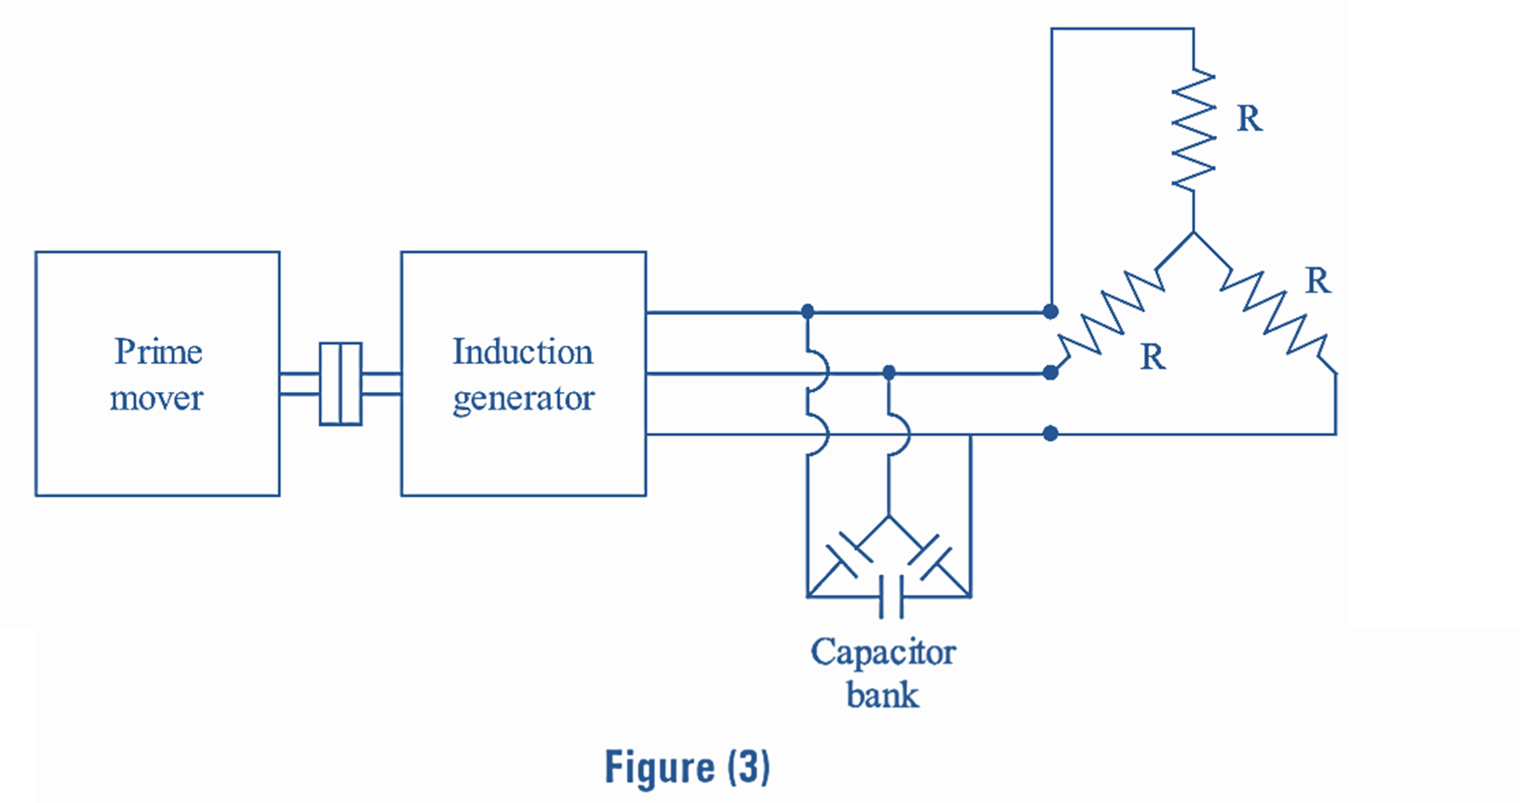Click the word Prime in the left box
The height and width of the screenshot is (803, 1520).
[x=158, y=352]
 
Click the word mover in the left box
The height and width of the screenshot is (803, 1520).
[x=156, y=398]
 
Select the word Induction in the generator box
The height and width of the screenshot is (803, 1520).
[x=522, y=352]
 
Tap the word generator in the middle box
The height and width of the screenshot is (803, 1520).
[x=523, y=398]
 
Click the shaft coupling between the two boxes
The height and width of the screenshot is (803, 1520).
[x=340, y=384]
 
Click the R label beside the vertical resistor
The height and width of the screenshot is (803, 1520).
[x=1249, y=119]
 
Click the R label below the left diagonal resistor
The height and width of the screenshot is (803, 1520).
[x=1152, y=357]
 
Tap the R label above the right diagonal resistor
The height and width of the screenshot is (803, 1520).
[x=1317, y=281]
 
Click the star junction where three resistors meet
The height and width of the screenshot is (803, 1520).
[x=1193, y=233]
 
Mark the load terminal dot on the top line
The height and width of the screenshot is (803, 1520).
[x=1051, y=312]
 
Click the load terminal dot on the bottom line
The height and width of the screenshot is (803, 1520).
[x=1051, y=434]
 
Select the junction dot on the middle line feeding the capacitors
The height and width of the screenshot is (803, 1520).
[x=888, y=373]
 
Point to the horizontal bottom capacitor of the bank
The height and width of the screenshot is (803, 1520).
[x=891, y=597]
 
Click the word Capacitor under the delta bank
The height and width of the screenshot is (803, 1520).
[x=882, y=652]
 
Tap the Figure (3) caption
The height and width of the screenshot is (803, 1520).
[x=687, y=767]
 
